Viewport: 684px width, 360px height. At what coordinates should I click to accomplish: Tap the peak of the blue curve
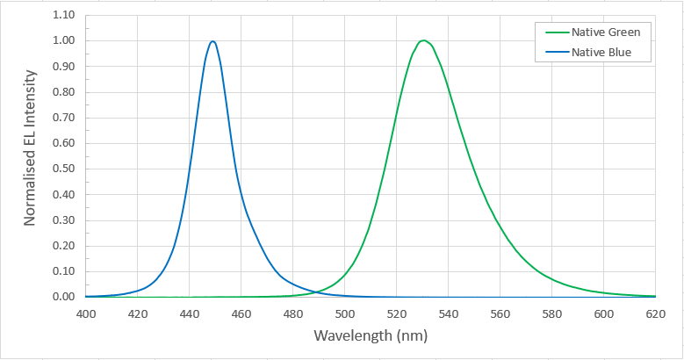pos(212,41)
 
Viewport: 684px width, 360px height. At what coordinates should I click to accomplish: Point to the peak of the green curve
pos(423,40)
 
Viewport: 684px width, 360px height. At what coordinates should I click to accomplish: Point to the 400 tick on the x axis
pos(86,313)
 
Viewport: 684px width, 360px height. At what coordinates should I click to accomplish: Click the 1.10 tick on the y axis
pos(64,15)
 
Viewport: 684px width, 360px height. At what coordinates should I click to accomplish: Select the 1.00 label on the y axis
pos(64,40)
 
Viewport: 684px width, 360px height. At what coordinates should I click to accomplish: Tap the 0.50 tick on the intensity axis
pos(64,169)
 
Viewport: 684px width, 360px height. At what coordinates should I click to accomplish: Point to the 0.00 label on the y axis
pos(64,297)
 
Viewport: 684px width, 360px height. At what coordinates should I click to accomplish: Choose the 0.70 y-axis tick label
pos(64,118)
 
